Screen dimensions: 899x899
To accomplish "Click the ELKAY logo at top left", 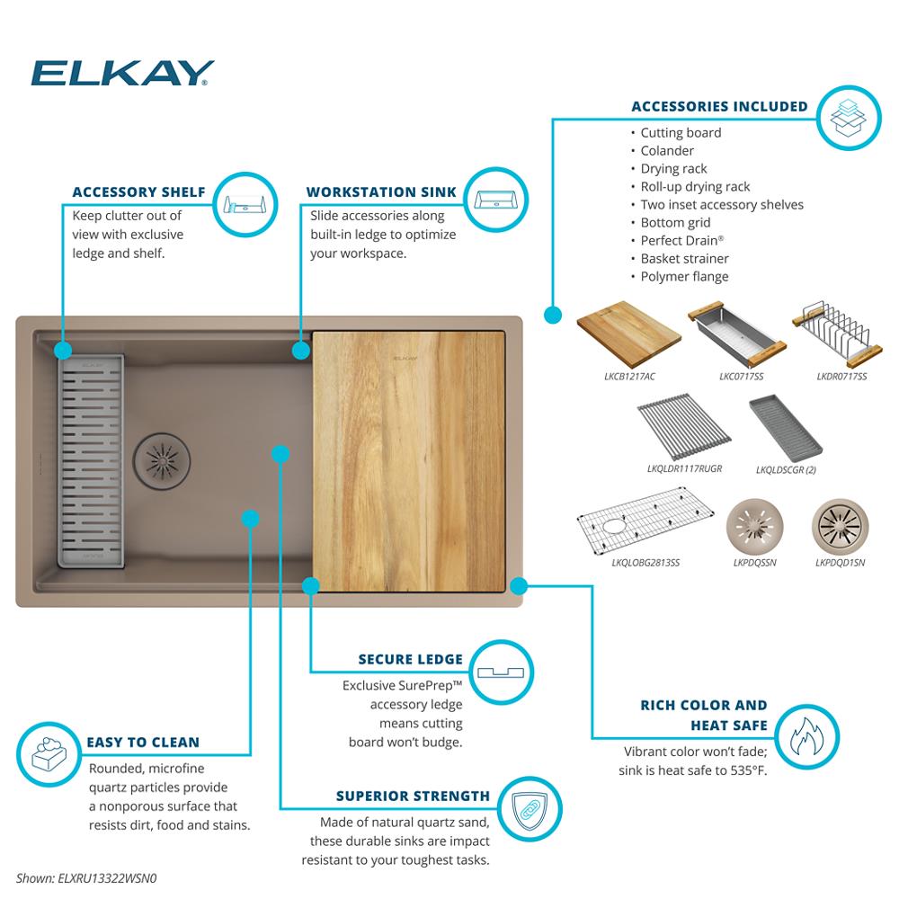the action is click(x=122, y=73).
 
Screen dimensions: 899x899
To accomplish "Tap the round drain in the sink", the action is click(x=162, y=460).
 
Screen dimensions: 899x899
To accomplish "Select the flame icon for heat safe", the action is click(x=806, y=737).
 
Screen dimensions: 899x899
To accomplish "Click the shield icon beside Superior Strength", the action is click(x=530, y=810).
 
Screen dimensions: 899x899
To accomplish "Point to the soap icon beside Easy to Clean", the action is click(x=49, y=754).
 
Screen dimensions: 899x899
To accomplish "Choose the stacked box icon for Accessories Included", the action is click(x=848, y=118).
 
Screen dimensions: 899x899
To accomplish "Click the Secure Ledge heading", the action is click(x=411, y=659).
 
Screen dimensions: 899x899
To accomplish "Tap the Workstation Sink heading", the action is click(x=381, y=192).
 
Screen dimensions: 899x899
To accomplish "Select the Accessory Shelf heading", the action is click(x=138, y=192).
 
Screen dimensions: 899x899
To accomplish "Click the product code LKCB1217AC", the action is click(x=629, y=377).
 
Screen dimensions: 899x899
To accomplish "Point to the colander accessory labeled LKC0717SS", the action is click(x=737, y=334).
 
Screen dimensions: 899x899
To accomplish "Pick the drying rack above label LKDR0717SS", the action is click(x=836, y=334).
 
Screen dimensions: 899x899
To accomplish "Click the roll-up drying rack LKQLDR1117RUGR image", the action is click(x=684, y=426).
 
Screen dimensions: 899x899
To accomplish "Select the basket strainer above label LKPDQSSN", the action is click(x=754, y=526).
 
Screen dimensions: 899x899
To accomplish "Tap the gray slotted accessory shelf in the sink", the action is click(x=91, y=461).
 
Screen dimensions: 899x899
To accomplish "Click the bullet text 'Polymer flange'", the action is click(x=684, y=277).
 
